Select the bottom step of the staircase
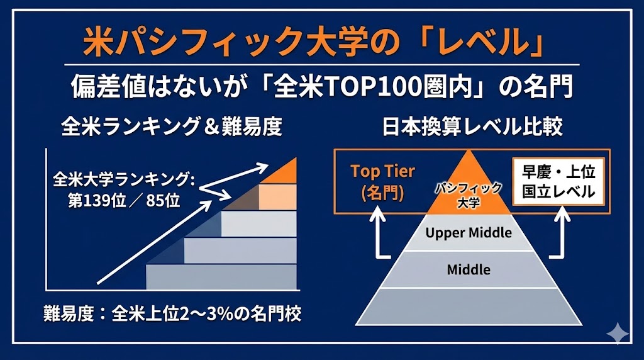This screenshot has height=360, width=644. click(x=221, y=277)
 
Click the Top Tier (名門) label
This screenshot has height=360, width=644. click(x=383, y=182)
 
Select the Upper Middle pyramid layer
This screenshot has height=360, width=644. click(x=469, y=233)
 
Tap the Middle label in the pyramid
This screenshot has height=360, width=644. click(x=469, y=269)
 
